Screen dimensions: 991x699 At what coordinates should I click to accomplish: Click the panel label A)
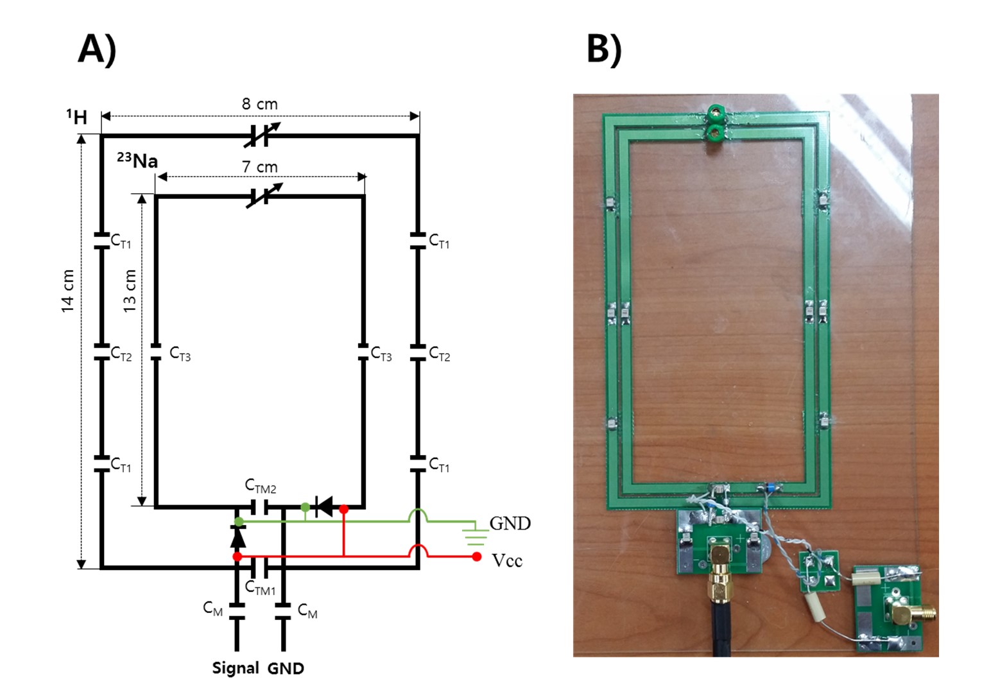click(x=97, y=50)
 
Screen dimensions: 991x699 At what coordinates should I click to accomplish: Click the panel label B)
click(x=604, y=50)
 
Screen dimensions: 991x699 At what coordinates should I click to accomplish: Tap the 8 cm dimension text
click(x=260, y=104)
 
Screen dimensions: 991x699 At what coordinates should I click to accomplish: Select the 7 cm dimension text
click(x=260, y=167)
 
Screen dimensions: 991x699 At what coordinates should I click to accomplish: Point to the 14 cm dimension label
click(x=67, y=291)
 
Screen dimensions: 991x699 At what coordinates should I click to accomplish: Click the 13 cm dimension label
click(x=129, y=291)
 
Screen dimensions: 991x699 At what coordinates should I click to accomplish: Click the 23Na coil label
click(x=137, y=160)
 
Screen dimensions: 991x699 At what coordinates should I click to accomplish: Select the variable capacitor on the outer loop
click(x=262, y=135)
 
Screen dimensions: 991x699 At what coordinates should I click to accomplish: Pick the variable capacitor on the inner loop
click(x=264, y=196)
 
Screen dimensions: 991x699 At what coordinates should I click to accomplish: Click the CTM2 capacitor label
click(x=261, y=486)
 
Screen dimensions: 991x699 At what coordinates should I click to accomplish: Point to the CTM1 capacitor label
click(x=261, y=587)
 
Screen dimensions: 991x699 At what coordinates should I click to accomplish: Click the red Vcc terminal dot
click(x=476, y=557)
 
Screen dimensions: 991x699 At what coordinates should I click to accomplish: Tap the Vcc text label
click(x=507, y=560)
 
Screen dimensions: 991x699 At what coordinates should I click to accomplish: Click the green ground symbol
click(x=476, y=533)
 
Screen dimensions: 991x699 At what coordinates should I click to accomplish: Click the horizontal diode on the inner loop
click(x=324, y=506)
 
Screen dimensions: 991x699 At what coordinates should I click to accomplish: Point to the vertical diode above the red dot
click(x=238, y=537)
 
